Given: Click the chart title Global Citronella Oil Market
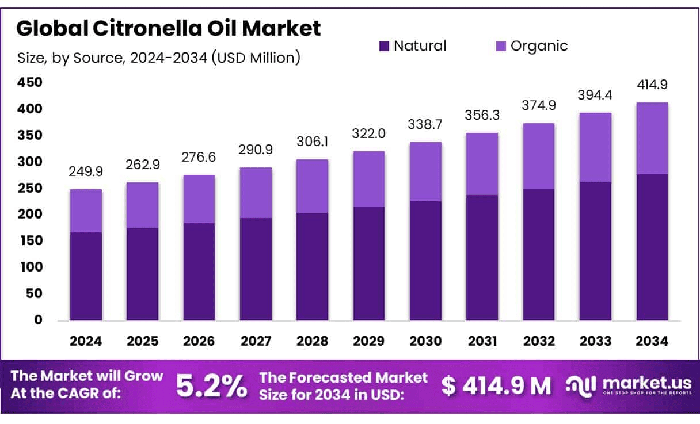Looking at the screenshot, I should pyautogui.click(x=169, y=29).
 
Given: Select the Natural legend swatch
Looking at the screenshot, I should pyautogui.click(x=384, y=46).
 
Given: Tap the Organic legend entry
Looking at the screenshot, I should pyautogui.click(x=531, y=46).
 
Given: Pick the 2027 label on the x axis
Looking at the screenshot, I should pyautogui.click(x=256, y=341).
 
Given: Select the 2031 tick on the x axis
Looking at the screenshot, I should pyautogui.click(x=482, y=341).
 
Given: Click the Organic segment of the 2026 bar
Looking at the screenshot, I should pyautogui.click(x=199, y=199).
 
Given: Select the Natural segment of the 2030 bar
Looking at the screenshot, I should pyautogui.click(x=425, y=261).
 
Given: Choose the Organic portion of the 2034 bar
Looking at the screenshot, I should pyautogui.click(x=652, y=138).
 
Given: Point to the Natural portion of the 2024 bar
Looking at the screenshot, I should pyautogui.click(x=86, y=276).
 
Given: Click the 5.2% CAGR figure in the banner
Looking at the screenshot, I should pyautogui.click(x=211, y=386).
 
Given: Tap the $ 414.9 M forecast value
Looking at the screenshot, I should pyautogui.click(x=496, y=386).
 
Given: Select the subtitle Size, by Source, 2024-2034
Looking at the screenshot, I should pyautogui.click(x=158, y=58).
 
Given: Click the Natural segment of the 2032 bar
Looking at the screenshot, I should pyautogui.click(x=539, y=254).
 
